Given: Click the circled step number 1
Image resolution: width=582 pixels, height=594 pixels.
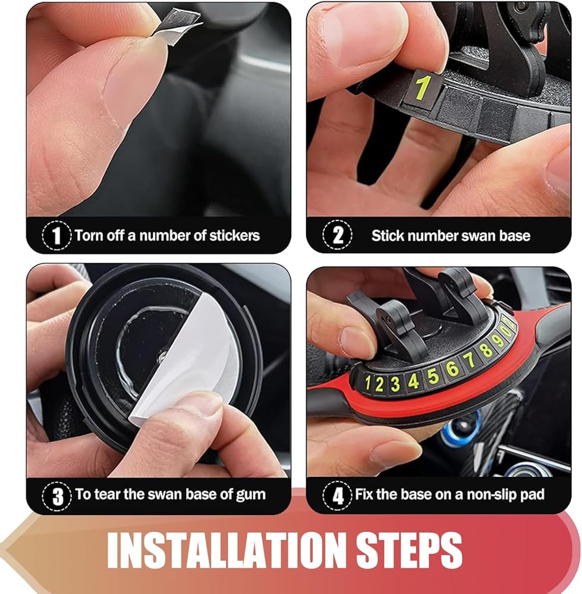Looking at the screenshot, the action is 56,235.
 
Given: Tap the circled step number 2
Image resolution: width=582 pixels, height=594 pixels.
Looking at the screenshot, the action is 338,235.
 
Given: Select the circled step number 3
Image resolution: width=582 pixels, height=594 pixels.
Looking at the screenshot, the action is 57,496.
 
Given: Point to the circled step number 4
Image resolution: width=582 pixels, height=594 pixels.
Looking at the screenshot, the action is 338,495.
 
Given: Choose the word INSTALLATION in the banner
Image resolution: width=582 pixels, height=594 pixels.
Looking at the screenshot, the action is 225,550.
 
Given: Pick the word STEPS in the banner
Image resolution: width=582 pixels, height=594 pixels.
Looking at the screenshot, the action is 409,550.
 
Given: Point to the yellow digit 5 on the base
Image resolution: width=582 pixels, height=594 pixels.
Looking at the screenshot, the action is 433,375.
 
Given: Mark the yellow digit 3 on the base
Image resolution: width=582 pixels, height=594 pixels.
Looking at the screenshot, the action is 395,384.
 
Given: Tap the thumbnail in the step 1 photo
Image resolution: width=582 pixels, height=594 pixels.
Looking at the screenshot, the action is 134,85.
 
